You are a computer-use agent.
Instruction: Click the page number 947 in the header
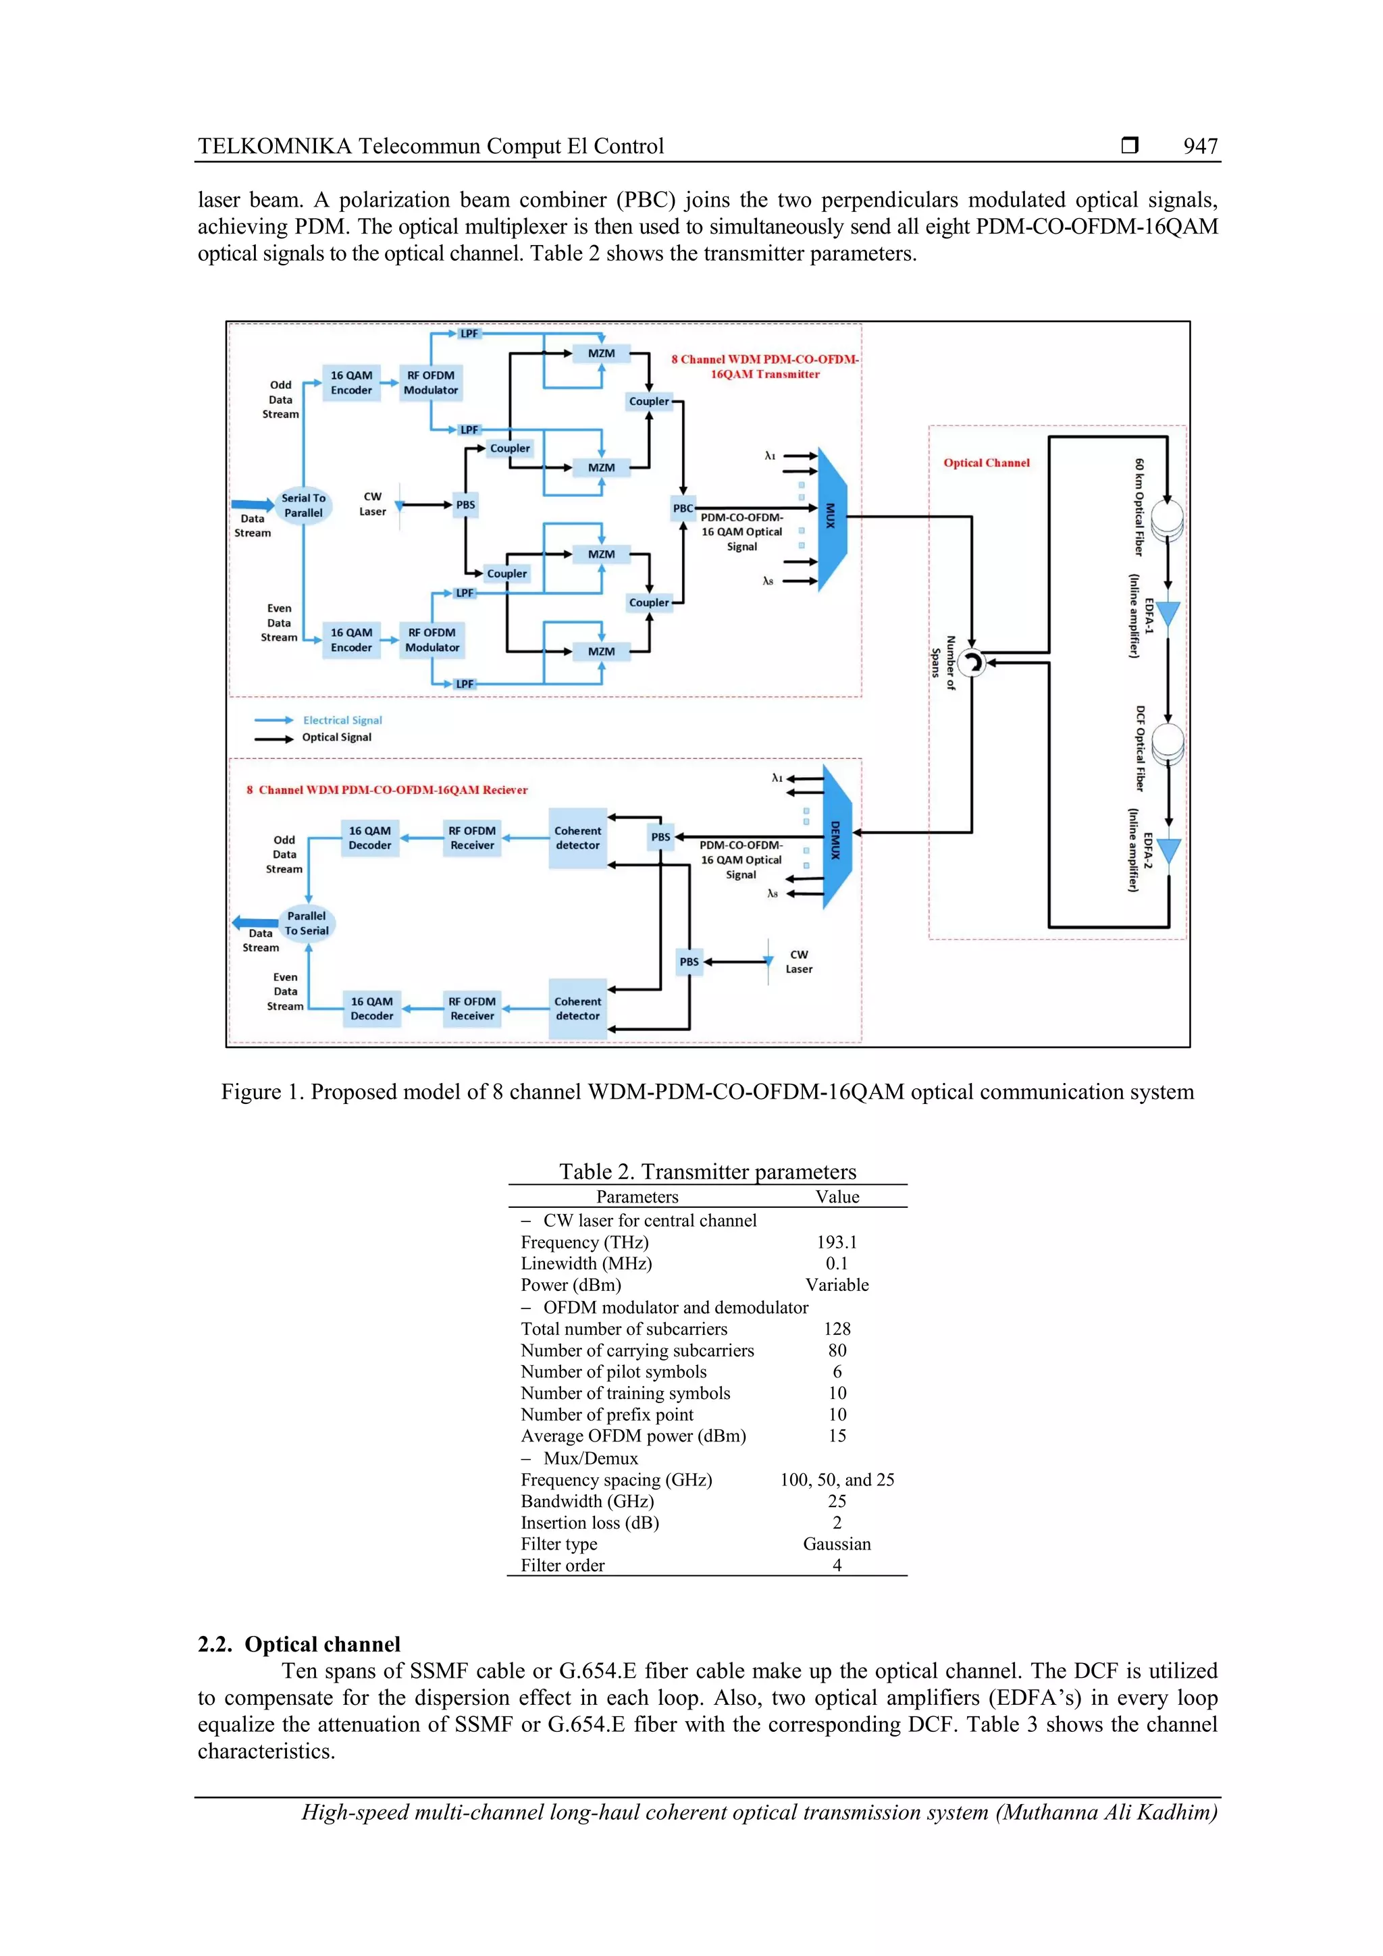tap(1200, 147)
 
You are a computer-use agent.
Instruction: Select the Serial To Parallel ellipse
tap(303, 505)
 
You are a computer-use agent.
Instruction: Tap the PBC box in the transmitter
tap(683, 508)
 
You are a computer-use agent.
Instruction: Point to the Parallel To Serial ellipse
tap(307, 924)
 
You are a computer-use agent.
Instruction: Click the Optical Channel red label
tap(986, 462)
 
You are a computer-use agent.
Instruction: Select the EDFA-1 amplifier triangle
tap(1168, 613)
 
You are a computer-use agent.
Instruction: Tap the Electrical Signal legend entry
tap(342, 720)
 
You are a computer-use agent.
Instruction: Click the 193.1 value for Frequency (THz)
tap(837, 1242)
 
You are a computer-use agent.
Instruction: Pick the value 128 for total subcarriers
tap(837, 1329)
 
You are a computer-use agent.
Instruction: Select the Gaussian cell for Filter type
tap(837, 1543)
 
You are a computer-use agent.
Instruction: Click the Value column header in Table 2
tap(837, 1197)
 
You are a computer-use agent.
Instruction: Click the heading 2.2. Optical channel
tap(299, 1644)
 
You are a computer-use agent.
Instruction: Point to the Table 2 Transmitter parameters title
tap(707, 1171)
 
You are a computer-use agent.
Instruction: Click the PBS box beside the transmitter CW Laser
tap(465, 504)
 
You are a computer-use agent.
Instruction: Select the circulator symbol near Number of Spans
tap(970, 662)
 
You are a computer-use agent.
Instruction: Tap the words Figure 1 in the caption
tap(261, 1092)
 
